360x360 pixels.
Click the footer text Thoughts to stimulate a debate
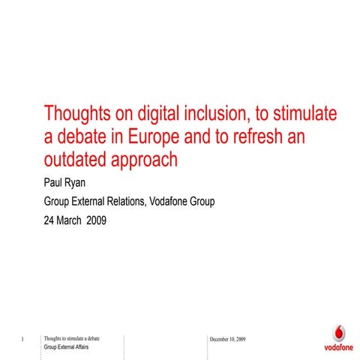73,339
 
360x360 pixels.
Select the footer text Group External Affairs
69,348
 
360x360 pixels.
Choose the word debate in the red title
82,136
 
